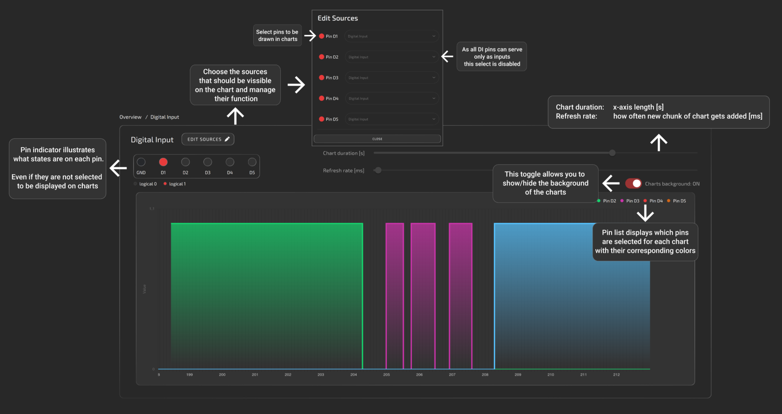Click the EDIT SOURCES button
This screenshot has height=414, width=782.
pyautogui.click(x=208, y=139)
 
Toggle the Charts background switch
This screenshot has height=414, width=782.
pyautogui.click(x=633, y=183)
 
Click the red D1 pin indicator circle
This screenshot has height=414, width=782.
pyautogui.click(x=163, y=162)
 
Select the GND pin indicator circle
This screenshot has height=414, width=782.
pyautogui.click(x=141, y=162)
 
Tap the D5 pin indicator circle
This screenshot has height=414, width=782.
pyautogui.click(x=252, y=162)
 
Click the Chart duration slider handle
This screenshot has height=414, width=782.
pyautogui.click(x=612, y=153)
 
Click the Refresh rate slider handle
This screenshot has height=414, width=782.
pyautogui.click(x=378, y=170)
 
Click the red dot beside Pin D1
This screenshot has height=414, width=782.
pyautogui.click(x=322, y=36)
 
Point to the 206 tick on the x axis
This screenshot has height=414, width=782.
pyautogui.click(x=419, y=374)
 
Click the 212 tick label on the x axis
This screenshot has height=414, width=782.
pyautogui.click(x=616, y=374)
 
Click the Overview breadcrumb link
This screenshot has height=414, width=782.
pyautogui.click(x=130, y=117)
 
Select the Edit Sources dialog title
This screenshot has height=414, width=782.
pyautogui.click(x=337, y=18)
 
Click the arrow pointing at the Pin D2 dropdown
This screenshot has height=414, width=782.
pyautogui.click(x=447, y=57)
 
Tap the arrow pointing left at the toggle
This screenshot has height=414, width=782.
pyautogui.click(x=611, y=183)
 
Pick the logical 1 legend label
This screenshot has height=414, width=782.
pyautogui.click(x=177, y=184)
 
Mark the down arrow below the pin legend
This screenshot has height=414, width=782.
pyautogui.click(x=645, y=213)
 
